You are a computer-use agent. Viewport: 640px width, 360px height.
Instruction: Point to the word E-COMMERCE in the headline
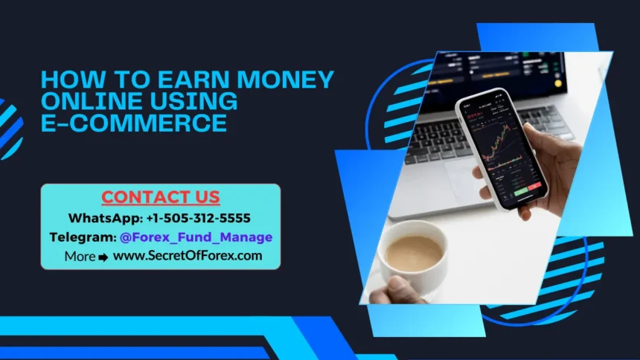tap(134, 123)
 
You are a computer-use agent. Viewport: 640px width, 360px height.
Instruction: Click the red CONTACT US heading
tap(161, 197)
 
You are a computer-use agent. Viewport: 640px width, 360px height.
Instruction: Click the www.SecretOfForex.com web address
tap(188, 256)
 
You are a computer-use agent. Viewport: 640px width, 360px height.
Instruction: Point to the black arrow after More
tap(103, 257)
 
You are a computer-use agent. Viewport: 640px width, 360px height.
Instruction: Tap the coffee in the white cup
tap(415, 253)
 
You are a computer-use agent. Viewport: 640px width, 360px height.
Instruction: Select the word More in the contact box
tap(80, 257)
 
